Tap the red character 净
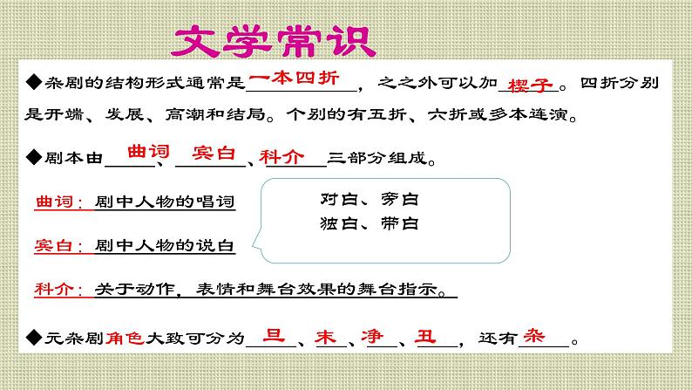(x=376, y=336)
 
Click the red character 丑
(x=427, y=336)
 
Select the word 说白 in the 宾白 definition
(x=217, y=247)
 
